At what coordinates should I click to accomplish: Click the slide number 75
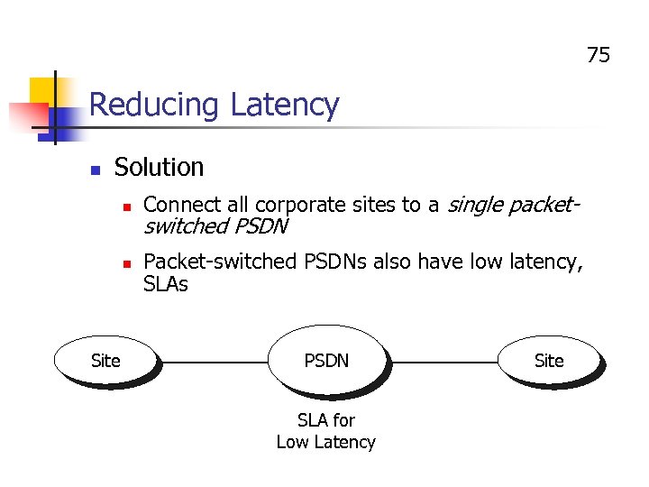click(x=598, y=56)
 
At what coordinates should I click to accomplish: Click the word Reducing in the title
click(x=154, y=106)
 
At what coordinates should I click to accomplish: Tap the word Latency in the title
click(x=284, y=106)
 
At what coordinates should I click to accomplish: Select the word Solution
click(x=159, y=168)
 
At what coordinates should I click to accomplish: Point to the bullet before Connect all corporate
click(x=127, y=207)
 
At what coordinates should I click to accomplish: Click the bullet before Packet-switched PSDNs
click(x=127, y=263)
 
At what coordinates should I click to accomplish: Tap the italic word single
click(x=475, y=206)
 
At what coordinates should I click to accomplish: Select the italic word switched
click(x=186, y=226)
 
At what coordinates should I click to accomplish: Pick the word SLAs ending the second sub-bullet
click(x=166, y=284)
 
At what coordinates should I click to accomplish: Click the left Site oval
click(x=105, y=361)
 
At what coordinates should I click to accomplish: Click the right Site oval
click(x=548, y=361)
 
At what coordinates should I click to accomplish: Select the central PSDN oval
click(x=326, y=361)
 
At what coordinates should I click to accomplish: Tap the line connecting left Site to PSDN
click(x=214, y=362)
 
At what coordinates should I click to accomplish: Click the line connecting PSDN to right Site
click(x=443, y=362)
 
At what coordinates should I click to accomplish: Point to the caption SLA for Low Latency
click(x=325, y=431)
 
